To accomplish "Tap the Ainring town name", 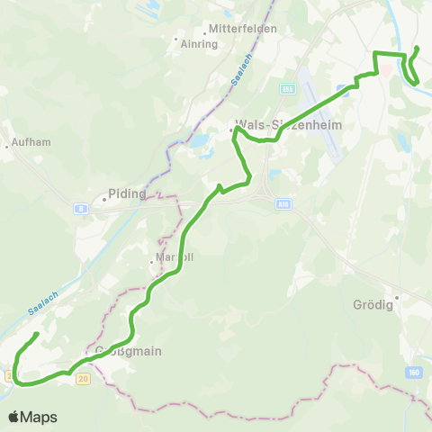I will click(x=199, y=43).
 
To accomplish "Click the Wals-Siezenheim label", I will click(x=288, y=125).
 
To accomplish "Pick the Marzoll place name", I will click(x=175, y=256).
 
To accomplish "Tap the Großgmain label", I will click(x=129, y=351).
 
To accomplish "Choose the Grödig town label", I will click(x=369, y=304).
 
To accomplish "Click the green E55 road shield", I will click(x=288, y=89).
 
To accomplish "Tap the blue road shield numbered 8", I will click(x=83, y=209).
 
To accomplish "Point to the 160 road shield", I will click(x=413, y=372).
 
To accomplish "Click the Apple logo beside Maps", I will click(x=14, y=417).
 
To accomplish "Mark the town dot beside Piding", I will click(x=104, y=199).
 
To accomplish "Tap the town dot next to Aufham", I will click(x=7, y=143).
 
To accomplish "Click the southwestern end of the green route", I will click(x=36, y=334).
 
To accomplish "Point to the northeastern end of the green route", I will click(x=417, y=47).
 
